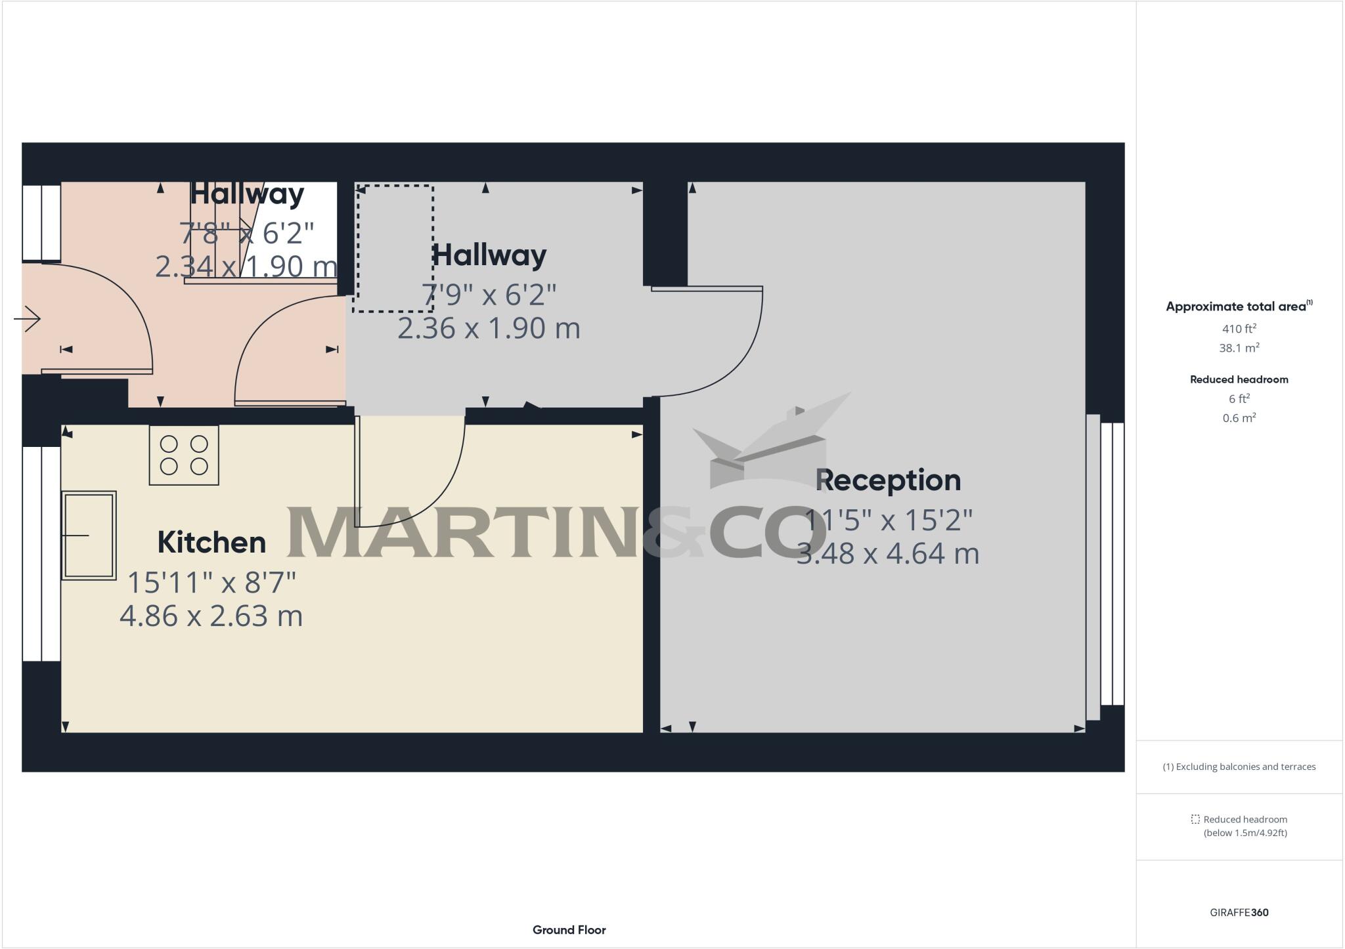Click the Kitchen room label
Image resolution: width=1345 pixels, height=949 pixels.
211,542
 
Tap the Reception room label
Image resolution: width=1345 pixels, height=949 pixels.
888,480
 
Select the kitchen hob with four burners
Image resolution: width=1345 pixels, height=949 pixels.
184,455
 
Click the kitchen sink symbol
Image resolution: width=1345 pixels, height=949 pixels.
89,536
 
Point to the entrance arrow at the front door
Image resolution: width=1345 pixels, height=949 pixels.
28,320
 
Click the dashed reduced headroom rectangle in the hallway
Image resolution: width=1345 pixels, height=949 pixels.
393,249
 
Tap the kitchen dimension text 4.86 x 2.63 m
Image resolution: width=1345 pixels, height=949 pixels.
211,616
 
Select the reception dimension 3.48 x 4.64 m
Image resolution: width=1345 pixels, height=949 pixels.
888,553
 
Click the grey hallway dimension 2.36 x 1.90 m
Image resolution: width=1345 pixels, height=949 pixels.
489,328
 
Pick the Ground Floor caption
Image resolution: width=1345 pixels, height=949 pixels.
569,929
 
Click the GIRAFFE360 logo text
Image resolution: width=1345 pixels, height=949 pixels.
1239,912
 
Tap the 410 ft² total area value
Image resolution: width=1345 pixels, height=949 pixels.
1239,329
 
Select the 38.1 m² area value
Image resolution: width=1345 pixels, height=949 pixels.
1239,348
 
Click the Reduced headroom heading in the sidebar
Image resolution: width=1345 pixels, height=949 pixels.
1239,379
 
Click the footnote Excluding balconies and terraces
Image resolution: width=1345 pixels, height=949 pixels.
1239,767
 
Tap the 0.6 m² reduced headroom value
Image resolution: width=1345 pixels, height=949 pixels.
1239,418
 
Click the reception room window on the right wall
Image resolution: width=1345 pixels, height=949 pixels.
1112,564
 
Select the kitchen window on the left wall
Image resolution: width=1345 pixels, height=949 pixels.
41,554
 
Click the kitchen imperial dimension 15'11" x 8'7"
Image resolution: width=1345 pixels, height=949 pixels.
211,582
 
